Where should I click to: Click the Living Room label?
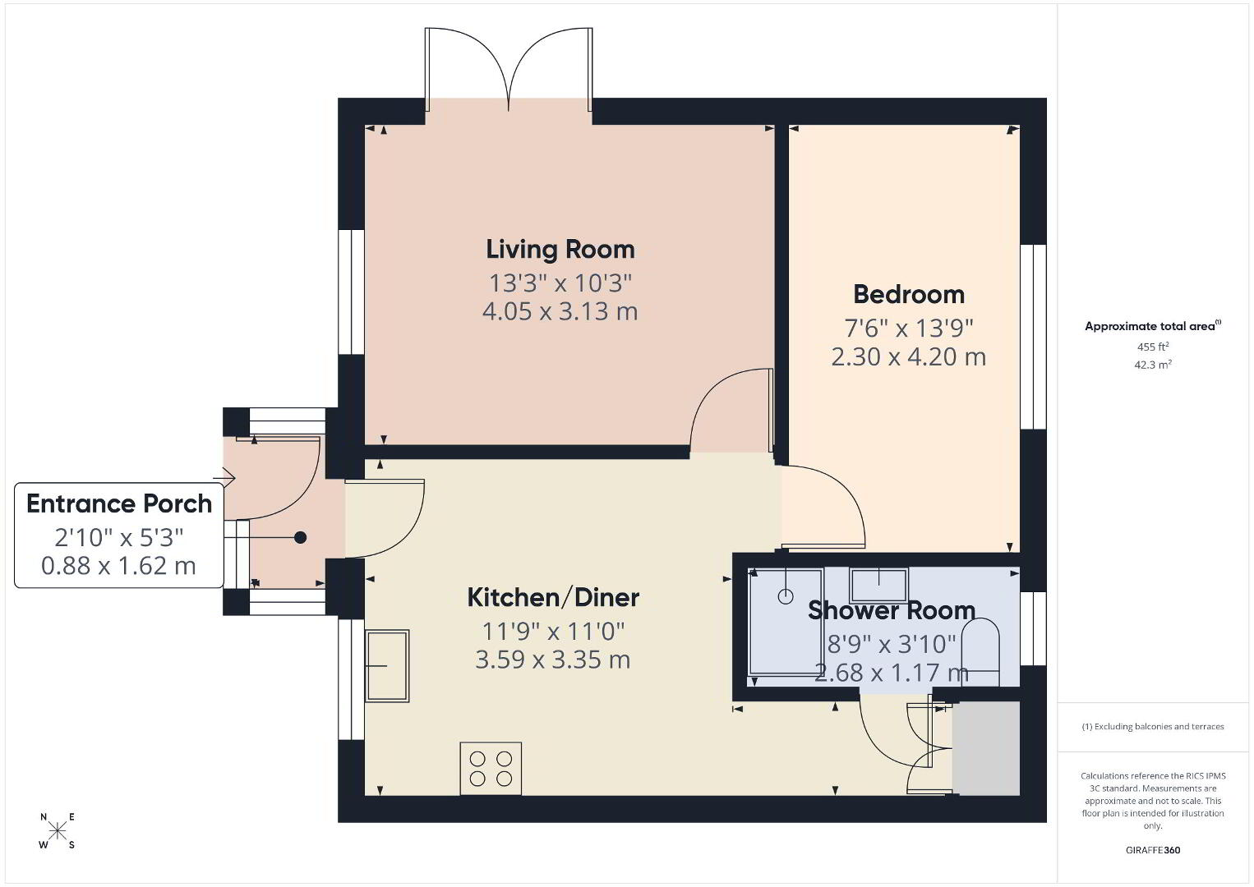click(x=560, y=250)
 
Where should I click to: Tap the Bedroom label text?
click(x=909, y=294)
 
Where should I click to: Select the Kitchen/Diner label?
click(x=553, y=598)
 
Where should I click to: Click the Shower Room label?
click(x=892, y=610)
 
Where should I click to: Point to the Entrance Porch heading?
click(x=119, y=503)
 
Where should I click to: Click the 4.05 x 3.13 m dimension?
click(x=560, y=312)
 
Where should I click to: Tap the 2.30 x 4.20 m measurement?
click(x=908, y=357)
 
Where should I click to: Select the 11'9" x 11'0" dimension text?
click(x=553, y=632)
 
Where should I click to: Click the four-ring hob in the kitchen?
click(x=491, y=769)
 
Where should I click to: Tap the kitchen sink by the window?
click(x=387, y=665)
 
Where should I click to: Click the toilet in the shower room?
click(x=980, y=651)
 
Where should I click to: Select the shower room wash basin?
click(x=878, y=585)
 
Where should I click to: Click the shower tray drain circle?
click(x=786, y=596)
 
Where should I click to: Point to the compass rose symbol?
click(x=57, y=830)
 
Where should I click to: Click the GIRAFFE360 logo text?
click(x=1153, y=850)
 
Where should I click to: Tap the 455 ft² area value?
click(x=1153, y=347)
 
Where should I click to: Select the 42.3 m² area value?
click(x=1153, y=365)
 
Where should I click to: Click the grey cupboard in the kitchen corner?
click(x=986, y=747)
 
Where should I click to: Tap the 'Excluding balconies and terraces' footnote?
click(x=1153, y=726)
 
